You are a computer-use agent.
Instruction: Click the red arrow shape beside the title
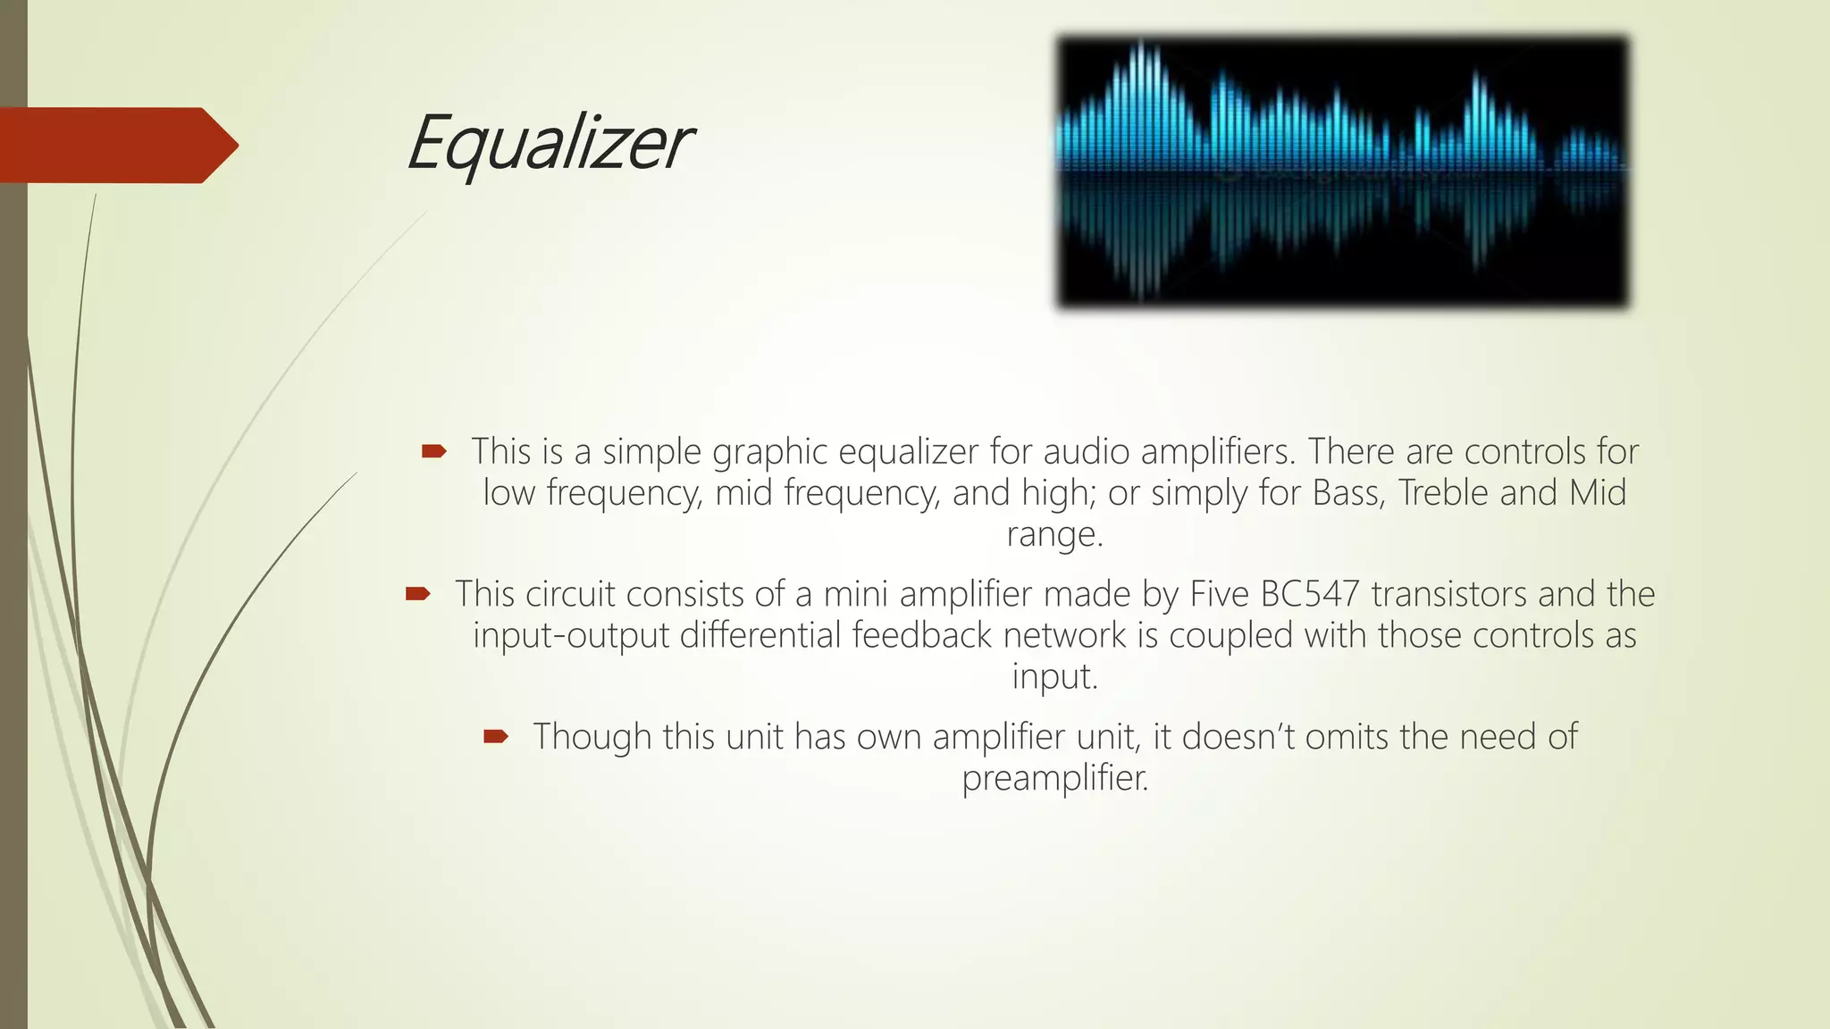(116, 145)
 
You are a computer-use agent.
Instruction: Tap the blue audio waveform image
(1342, 171)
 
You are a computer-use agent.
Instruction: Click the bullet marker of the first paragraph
(433, 452)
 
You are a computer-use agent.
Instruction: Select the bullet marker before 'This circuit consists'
(417, 594)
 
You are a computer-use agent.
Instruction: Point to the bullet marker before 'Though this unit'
(495, 737)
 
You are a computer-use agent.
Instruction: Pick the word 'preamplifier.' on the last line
(1054, 778)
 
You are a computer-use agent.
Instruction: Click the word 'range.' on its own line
(1054, 534)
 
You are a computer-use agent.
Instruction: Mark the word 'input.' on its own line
(1054, 676)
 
